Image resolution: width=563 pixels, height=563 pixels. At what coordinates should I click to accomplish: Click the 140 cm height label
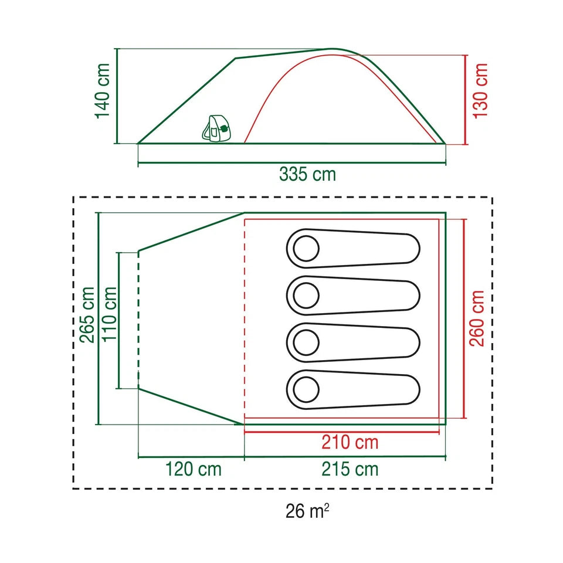click(x=102, y=91)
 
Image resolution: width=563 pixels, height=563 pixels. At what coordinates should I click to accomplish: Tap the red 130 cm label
click(x=480, y=91)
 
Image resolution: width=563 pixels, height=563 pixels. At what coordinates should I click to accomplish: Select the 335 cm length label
click(x=308, y=175)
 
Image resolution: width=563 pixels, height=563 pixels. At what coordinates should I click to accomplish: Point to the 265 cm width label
click(x=87, y=315)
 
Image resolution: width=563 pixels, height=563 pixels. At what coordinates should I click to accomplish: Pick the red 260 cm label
click(x=477, y=318)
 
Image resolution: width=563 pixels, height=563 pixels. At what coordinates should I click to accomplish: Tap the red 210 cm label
click(x=350, y=442)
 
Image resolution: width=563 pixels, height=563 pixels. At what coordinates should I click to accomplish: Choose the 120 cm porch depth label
click(x=193, y=469)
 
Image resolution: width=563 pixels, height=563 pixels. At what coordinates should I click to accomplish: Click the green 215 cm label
click(x=350, y=469)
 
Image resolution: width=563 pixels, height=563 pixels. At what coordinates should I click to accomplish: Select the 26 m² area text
click(x=307, y=511)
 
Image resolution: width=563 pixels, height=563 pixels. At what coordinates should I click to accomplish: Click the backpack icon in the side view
click(x=216, y=128)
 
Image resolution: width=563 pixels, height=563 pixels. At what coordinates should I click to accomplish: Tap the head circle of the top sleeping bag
click(x=306, y=249)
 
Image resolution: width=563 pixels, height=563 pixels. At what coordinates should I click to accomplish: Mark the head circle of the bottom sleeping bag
click(x=306, y=389)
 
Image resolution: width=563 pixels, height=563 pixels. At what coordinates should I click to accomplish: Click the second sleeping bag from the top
click(x=353, y=296)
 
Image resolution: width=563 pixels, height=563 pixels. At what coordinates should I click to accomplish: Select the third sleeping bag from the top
click(x=353, y=342)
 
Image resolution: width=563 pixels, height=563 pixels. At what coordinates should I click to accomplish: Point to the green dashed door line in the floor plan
click(x=138, y=320)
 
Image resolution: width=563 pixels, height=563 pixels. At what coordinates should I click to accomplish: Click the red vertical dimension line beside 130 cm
click(x=466, y=100)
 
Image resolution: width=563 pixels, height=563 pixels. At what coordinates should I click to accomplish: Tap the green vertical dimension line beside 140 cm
click(x=117, y=96)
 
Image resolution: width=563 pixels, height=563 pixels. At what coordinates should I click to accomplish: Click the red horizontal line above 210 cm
click(x=342, y=432)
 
